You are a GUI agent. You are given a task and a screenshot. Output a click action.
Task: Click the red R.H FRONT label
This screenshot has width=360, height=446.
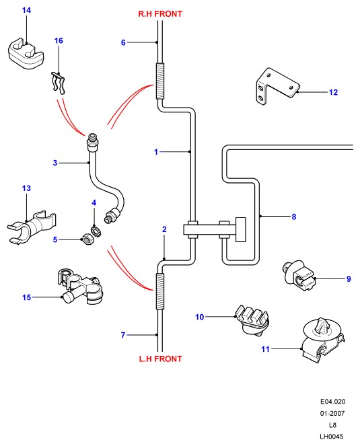pyautogui.click(x=160, y=13)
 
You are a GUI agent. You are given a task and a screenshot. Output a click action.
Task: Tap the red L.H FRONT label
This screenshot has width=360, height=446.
pyautogui.click(x=160, y=359)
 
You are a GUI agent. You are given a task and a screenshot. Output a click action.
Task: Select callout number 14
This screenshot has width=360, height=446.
pyautogui.click(x=26, y=10)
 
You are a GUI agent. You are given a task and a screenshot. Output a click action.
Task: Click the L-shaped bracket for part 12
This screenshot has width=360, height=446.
pyautogui.click(x=277, y=86)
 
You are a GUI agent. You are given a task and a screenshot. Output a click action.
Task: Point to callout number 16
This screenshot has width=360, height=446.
pyautogui.click(x=59, y=40)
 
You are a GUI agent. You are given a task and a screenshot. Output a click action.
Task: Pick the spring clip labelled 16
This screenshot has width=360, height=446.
pyautogui.click(x=59, y=83)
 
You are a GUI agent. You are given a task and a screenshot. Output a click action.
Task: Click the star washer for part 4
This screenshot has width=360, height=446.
pyautogui.click(x=96, y=230)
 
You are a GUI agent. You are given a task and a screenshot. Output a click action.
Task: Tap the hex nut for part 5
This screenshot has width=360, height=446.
pyautogui.click(x=87, y=239)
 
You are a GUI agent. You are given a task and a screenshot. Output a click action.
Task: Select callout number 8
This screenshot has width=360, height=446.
pyautogui.click(x=294, y=217)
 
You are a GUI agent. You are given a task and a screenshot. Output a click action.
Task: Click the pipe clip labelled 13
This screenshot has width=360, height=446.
pyautogui.click(x=32, y=227)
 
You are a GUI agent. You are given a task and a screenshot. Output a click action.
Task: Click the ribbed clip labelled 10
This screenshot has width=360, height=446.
pyautogui.click(x=252, y=320)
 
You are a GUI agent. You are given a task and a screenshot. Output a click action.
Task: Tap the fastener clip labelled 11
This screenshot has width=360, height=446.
pyautogui.click(x=323, y=340)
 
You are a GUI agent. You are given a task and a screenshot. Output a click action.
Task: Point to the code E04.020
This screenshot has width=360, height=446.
pyautogui.click(x=332, y=402)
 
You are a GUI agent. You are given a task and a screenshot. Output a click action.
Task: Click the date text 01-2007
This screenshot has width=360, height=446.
pyautogui.click(x=332, y=413)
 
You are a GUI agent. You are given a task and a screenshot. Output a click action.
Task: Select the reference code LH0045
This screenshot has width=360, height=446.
pyautogui.click(x=332, y=437)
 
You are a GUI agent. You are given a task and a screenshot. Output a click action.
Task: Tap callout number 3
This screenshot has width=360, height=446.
pyautogui.click(x=55, y=163)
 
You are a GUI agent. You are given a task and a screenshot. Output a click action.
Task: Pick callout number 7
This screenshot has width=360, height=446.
pyautogui.click(x=123, y=335)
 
